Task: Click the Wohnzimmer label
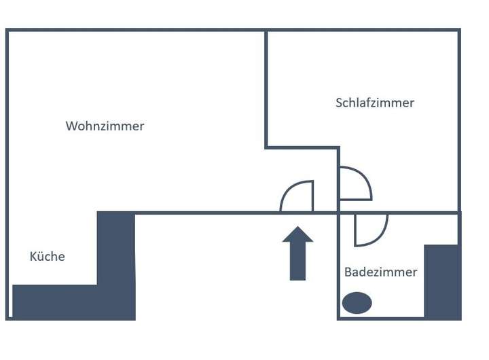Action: pyautogui.click(x=105, y=126)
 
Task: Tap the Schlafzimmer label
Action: pyautogui.click(x=374, y=103)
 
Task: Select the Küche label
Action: pyautogui.click(x=47, y=256)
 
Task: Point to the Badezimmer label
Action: pyautogui.click(x=380, y=272)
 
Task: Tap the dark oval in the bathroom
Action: pyautogui.click(x=357, y=303)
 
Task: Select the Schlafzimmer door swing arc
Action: pyautogui.click(x=364, y=178)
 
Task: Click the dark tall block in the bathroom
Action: pyautogui.click(x=441, y=281)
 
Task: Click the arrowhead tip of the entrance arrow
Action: pyautogui.click(x=297, y=228)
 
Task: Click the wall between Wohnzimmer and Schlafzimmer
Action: pyautogui.click(x=266, y=88)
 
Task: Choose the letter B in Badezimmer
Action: pyautogui.click(x=348, y=272)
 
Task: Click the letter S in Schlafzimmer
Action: pyautogui.click(x=339, y=103)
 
